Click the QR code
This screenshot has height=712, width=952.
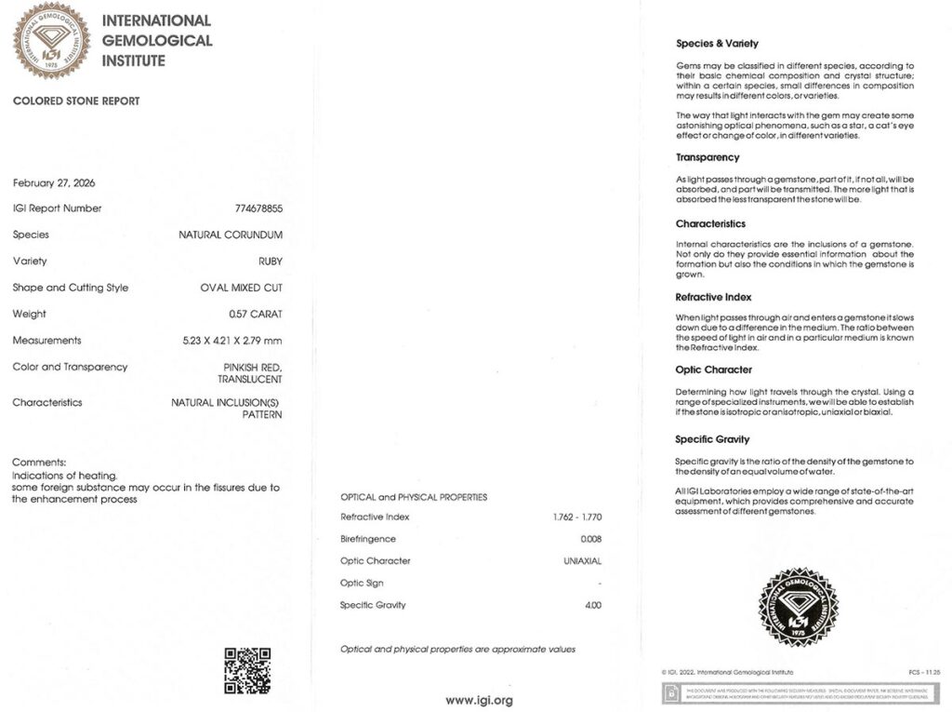tap(247, 670)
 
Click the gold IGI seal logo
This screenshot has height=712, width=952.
tap(50, 40)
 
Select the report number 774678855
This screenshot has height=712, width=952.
tap(258, 208)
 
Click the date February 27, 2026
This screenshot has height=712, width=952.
tap(54, 182)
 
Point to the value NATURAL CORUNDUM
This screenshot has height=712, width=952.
tap(231, 235)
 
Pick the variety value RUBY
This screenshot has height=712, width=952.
tap(271, 262)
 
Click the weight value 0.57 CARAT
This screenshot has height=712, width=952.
tap(256, 315)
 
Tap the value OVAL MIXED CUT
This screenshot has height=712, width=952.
tap(241, 289)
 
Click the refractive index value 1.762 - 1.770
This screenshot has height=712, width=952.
tap(576, 517)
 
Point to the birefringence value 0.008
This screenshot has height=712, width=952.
tap(590, 540)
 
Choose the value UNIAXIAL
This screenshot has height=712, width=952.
tap(582, 561)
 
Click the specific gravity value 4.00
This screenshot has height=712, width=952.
tap(593, 606)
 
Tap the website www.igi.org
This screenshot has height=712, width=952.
tap(479, 700)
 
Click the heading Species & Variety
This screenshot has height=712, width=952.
tap(717, 44)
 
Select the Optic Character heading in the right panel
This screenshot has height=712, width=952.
tap(714, 370)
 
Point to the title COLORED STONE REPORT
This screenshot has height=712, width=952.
tap(76, 101)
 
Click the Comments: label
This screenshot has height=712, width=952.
tap(39, 463)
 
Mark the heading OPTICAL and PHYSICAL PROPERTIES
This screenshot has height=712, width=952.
tap(414, 497)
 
